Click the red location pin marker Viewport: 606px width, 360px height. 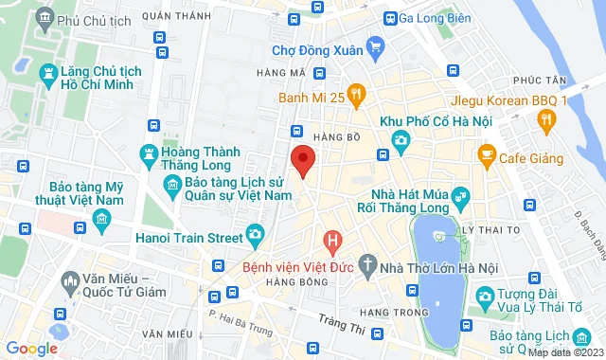(x=302, y=160)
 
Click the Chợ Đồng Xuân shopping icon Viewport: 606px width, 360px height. (x=376, y=45)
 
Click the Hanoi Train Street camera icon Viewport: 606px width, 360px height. (x=254, y=234)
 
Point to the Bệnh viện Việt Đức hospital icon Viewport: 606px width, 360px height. (x=331, y=242)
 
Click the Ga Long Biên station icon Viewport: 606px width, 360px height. (x=389, y=18)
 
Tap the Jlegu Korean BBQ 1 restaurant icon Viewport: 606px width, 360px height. (x=545, y=118)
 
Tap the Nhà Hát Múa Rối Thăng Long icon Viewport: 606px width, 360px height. (x=461, y=198)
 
